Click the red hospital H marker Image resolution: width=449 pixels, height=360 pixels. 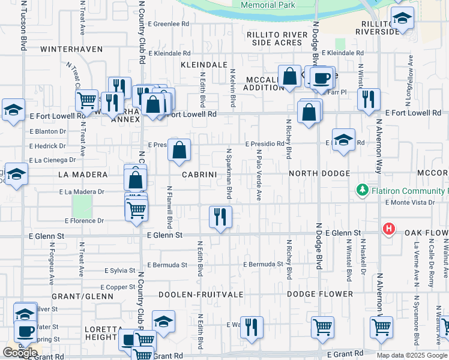point(389,229)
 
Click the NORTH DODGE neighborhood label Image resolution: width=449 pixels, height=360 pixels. point(319,173)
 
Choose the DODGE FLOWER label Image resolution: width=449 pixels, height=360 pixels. point(319,294)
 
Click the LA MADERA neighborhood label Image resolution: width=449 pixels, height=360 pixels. point(83,175)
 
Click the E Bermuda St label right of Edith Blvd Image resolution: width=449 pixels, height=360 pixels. point(263,264)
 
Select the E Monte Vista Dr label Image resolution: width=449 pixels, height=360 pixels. point(410,202)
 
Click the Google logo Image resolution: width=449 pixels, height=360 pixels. point(20,353)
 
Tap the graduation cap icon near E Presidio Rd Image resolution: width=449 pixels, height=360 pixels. point(343,140)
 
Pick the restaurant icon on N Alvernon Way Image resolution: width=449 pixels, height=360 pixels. point(369,98)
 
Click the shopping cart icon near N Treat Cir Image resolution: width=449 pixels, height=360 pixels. point(87,100)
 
